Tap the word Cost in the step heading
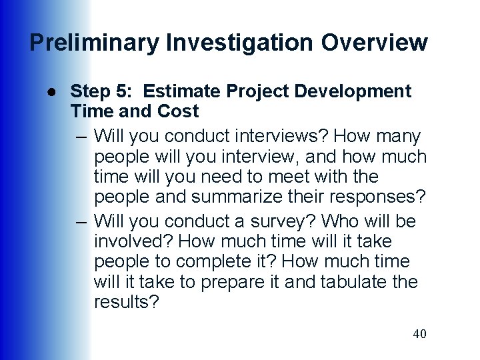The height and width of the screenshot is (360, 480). tap(176, 110)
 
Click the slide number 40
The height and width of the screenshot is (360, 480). tap(419, 334)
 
